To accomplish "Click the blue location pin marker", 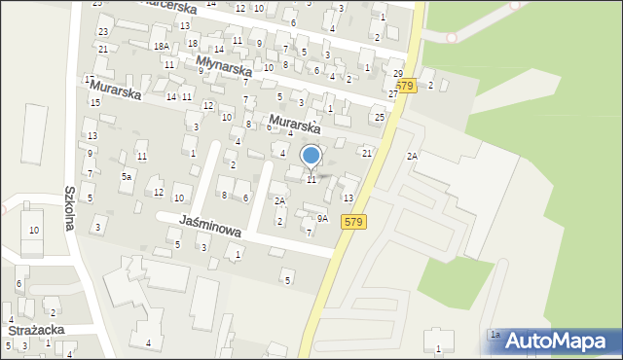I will point(311,156).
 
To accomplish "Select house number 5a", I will point(126,176).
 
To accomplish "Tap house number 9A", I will point(322,219).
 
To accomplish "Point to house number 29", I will point(397,74).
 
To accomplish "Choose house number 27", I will point(393,93).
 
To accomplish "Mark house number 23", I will point(102,32).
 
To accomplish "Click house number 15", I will point(95,102).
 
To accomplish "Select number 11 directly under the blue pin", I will point(311,179).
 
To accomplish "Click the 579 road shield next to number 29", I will point(406,86).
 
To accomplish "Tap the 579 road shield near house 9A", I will point(353,223).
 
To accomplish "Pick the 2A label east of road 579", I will point(412,156).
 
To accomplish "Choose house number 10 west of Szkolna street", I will point(34,231).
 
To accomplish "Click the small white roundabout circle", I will point(451,37).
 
